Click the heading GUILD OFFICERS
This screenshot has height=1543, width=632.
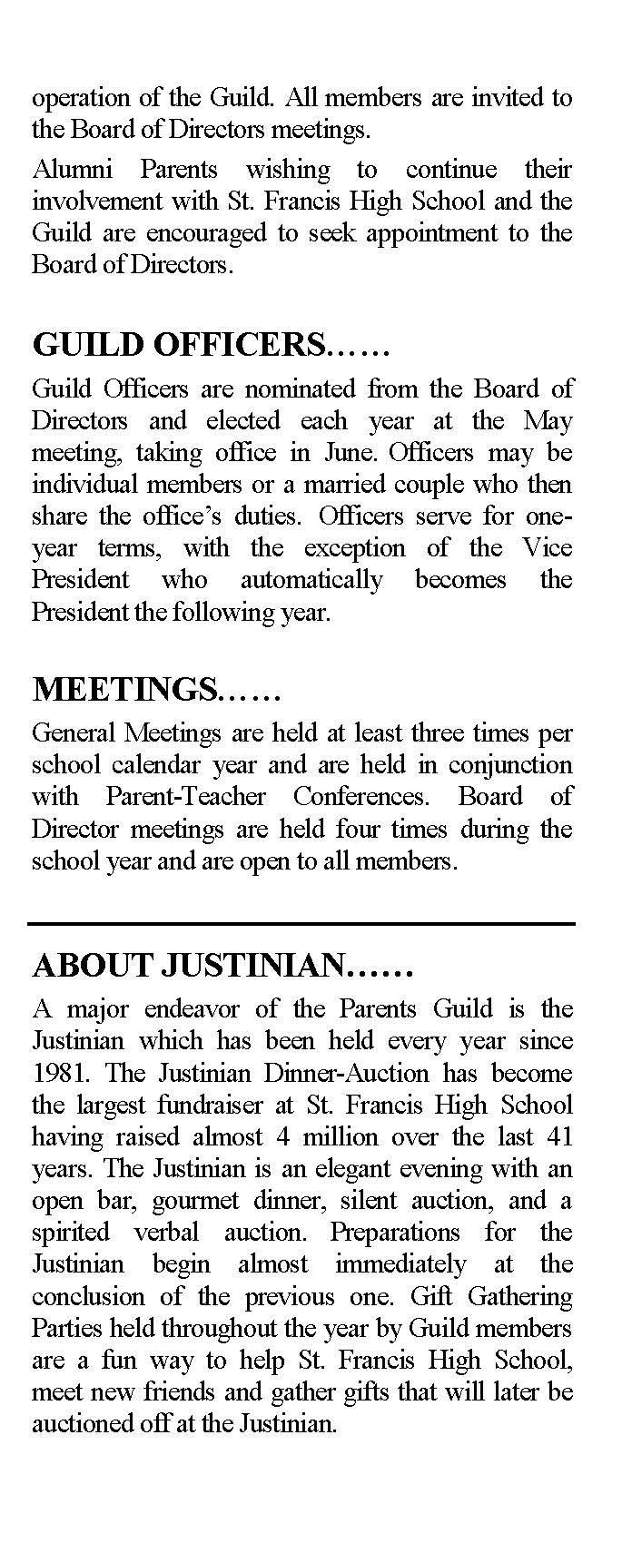(x=211, y=346)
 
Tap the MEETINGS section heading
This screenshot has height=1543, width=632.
(x=156, y=690)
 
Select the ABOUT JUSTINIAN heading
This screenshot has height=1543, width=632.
(x=222, y=966)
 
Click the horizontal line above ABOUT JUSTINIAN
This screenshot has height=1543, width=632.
(x=301, y=924)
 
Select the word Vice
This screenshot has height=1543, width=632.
(x=548, y=548)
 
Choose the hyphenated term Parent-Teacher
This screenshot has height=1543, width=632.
(x=186, y=797)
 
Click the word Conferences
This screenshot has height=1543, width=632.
(x=360, y=797)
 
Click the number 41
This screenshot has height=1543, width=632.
(x=558, y=1136)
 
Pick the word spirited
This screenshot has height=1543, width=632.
(x=71, y=1233)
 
